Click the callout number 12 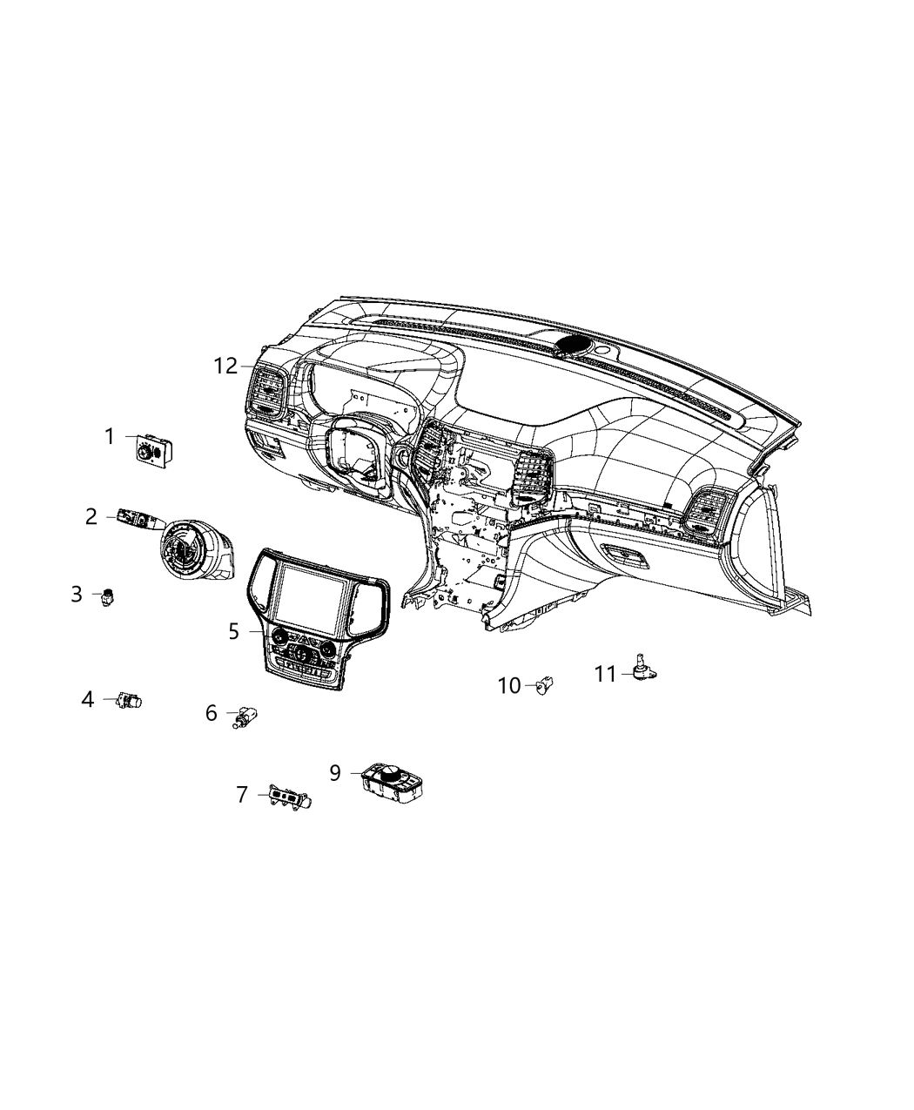pyautogui.click(x=225, y=367)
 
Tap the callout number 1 pyautogui.click(x=110, y=436)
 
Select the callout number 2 pyautogui.click(x=91, y=516)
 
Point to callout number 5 pyautogui.click(x=233, y=631)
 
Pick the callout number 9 pyautogui.click(x=335, y=772)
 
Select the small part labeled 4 pyautogui.click(x=130, y=700)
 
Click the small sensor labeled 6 pyautogui.click(x=244, y=717)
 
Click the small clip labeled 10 pyautogui.click(x=546, y=686)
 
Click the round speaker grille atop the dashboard pyautogui.click(x=572, y=345)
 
